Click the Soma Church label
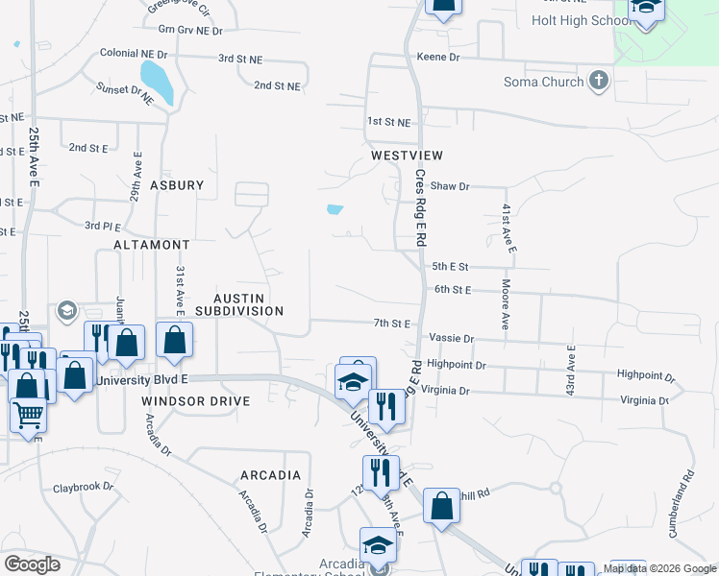[543, 82]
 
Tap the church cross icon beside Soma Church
[599, 81]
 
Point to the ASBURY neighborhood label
[177, 185]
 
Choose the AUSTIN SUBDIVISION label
[240, 304]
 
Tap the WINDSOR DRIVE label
[195, 400]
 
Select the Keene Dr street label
[438, 58]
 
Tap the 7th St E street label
[392, 324]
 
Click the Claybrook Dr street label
[83, 487]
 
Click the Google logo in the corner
[32, 564]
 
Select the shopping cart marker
[28, 416]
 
